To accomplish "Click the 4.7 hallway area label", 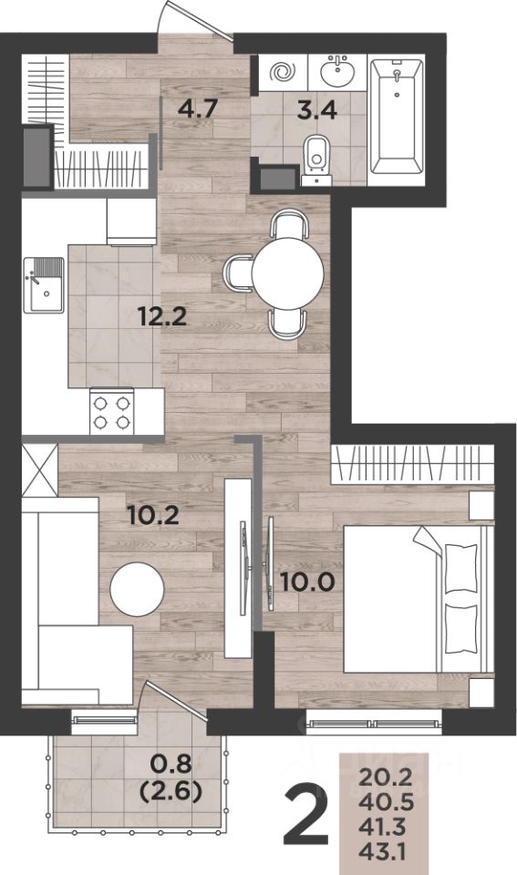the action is [197, 108].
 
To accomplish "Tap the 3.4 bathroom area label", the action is [317, 110].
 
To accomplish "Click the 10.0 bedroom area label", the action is [307, 582].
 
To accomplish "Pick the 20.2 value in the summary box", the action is [386, 777].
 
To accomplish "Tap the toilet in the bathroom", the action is [316, 159].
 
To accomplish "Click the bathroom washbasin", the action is [337, 71].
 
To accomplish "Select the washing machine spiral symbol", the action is [283, 72].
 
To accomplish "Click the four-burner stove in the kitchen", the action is [111, 412].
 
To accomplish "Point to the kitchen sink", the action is [44, 284].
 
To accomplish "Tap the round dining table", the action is [287, 273].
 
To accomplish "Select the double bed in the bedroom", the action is [419, 599].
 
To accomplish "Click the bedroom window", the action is [374, 723].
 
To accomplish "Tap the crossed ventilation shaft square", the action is [39, 469].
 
